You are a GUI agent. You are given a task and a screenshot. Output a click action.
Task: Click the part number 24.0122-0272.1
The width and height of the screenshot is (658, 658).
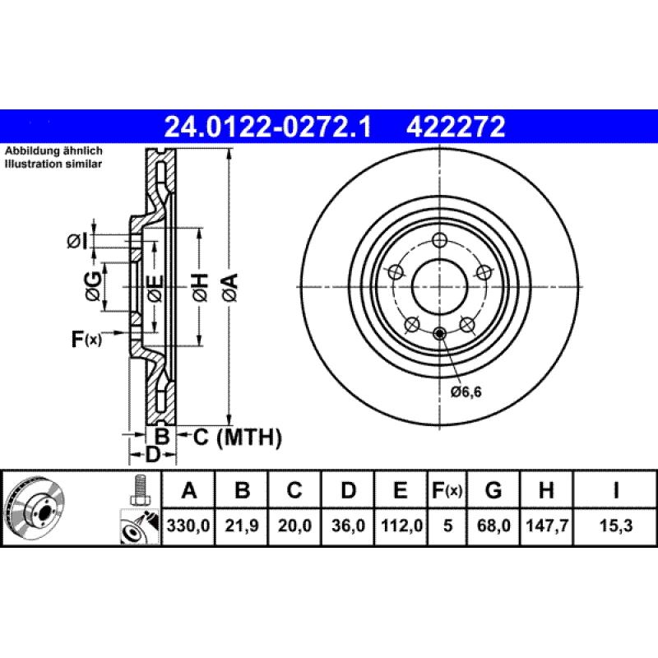(268, 127)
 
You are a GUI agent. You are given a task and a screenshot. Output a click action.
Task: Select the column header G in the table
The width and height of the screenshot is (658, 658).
(493, 491)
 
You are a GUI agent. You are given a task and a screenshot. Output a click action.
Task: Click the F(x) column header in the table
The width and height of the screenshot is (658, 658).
(447, 491)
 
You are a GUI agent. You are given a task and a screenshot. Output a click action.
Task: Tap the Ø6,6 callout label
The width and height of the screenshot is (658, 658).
(466, 392)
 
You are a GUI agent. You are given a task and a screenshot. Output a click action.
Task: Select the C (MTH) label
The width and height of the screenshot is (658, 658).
(237, 437)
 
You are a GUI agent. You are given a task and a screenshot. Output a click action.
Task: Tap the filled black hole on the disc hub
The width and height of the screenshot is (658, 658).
(439, 333)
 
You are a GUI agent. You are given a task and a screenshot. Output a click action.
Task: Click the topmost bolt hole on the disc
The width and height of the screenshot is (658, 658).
(439, 240)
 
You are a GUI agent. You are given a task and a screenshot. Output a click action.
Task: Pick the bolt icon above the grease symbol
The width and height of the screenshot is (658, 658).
(140, 489)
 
